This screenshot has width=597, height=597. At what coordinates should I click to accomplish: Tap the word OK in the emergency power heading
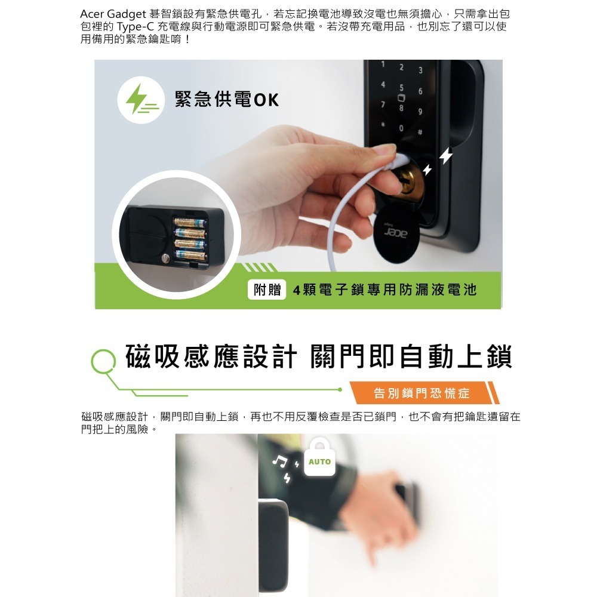pyautogui.click(x=266, y=100)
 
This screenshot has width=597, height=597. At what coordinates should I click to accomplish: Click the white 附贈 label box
pyautogui.click(x=267, y=290)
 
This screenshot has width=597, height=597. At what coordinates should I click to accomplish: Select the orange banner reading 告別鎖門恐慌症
pyautogui.click(x=424, y=393)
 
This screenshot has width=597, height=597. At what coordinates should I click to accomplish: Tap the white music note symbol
pyautogui.click(x=280, y=461)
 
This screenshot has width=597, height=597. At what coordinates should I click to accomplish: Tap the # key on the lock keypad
pyautogui.click(x=420, y=132)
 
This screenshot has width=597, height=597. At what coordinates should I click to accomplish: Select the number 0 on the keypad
pyautogui.click(x=401, y=128)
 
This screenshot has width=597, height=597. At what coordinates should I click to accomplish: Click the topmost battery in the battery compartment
pyautogui.click(x=190, y=222)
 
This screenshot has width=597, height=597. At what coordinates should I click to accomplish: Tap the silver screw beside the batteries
pyautogui.click(x=165, y=258)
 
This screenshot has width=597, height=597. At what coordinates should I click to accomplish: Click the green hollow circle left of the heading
pyautogui.click(x=103, y=361)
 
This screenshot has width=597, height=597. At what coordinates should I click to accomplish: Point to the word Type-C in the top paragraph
pyautogui.click(x=136, y=27)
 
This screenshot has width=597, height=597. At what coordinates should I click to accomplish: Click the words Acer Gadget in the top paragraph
pyautogui.click(x=113, y=14)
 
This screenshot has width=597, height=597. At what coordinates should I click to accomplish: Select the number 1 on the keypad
pyautogui.click(x=383, y=64)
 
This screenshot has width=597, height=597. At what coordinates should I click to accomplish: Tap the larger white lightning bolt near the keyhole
pyautogui.click(x=446, y=155)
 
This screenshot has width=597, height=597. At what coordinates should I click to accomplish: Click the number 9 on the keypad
pyautogui.click(x=420, y=112)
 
